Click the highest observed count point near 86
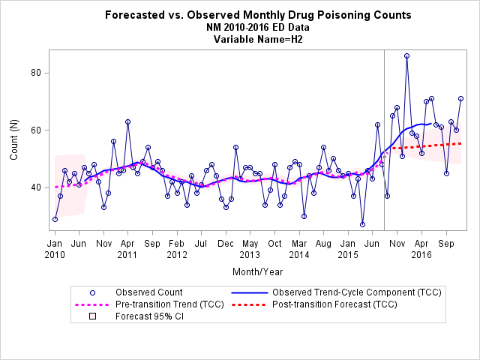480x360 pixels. coord(406,56)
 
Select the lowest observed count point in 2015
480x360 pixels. coord(363,224)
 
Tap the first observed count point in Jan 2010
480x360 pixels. coord(55,219)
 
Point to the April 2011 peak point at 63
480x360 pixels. coord(128,121)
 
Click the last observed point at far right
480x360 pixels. coord(460,98)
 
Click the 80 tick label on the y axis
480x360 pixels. coord(35,73)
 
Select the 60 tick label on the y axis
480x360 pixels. coord(35,130)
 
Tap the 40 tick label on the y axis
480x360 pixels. coord(35,187)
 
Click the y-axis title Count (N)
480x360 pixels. coord(14,139)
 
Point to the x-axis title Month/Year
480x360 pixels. coord(258,271)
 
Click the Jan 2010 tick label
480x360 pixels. coord(55,249)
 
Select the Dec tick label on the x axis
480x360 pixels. coord(226,244)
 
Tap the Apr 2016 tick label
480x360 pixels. coord(421,249)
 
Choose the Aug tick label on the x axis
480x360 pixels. coord(323,244)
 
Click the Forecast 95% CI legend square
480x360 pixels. coord(92,316)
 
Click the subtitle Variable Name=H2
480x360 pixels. coord(258,40)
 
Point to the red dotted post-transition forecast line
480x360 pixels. coord(426,145)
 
